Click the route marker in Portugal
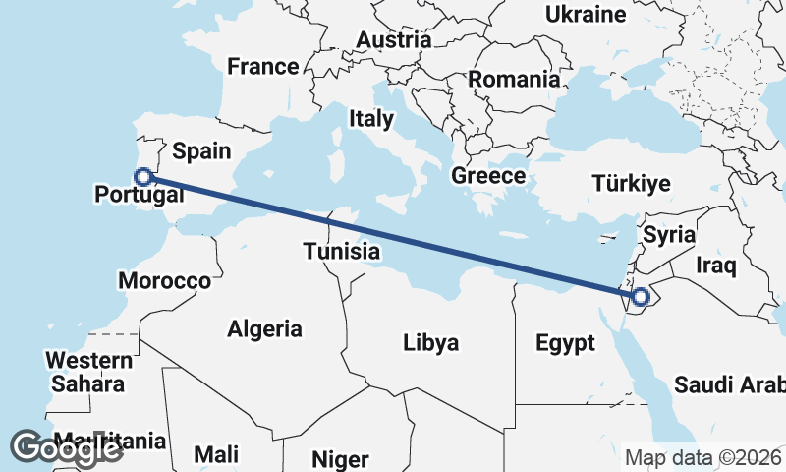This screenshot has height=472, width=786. point(143,177)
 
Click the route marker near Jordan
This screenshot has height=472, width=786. point(641,296)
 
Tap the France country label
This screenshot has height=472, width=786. point(262,67)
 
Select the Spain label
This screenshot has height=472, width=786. point(201,150)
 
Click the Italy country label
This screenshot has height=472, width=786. point(371,119)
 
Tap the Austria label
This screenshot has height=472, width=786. point(394,40)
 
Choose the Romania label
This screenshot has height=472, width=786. point(513,79)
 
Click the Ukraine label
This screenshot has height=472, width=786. point(586,15)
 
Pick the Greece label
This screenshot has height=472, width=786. point(488,176)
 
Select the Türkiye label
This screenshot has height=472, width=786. point(631,183)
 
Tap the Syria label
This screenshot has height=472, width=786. point(668,235)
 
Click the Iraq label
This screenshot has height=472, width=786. point(715,265)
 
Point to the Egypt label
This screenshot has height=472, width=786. point(565,343)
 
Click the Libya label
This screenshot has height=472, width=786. point(430,343)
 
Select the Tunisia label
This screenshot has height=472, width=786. point(341,251)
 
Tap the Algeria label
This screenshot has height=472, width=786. point(265,329)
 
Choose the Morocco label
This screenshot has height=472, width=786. point(164,281)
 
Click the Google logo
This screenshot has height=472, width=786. point(67,447)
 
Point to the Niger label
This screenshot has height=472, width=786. point(340,459)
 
